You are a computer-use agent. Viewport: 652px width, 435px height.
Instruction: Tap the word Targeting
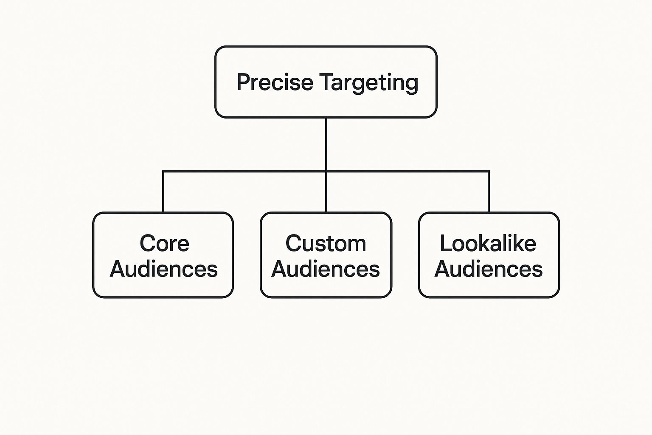(369, 82)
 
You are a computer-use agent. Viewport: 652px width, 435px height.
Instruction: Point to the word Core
(164, 243)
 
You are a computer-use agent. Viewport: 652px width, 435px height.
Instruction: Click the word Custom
(326, 243)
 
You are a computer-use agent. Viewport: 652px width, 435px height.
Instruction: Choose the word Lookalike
(488, 243)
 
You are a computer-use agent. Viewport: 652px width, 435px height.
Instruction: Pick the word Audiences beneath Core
(163, 269)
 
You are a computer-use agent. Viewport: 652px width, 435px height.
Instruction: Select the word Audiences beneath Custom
(326, 269)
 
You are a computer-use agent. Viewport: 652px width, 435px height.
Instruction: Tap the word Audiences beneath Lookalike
(489, 269)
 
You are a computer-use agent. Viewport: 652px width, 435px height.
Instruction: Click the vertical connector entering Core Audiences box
(163, 192)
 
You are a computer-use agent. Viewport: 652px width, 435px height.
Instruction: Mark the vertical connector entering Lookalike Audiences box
(489, 192)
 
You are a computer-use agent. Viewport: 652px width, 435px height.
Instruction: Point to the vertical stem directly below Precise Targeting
(326, 144)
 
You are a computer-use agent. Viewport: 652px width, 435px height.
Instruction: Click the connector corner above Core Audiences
(163, 172)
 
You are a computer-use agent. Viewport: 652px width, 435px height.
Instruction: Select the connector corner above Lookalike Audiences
(489, 172)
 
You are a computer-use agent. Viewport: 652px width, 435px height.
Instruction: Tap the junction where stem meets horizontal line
(326, 172)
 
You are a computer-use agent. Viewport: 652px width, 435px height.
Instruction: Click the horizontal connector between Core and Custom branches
(244, 172)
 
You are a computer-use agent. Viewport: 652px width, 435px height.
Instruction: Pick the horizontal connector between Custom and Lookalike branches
(407, 172)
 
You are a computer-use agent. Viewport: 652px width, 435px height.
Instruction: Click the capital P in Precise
(243, 82)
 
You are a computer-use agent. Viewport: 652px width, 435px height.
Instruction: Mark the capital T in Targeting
(327, 82)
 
